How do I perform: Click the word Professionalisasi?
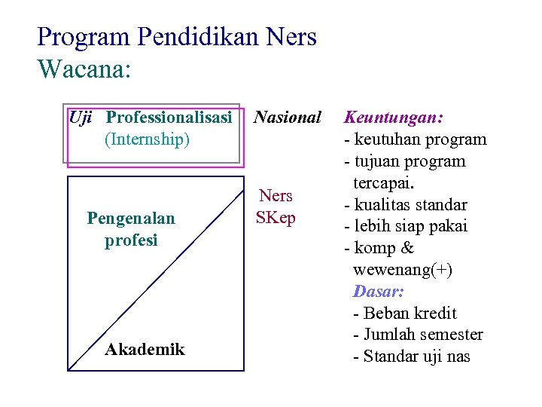click(169, 118)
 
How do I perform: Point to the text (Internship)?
click(147, 139)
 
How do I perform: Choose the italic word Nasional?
click(288, 118)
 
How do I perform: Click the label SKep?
click(276, 218)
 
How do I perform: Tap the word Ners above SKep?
click(276, 196)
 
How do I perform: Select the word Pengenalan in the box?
click(131, 219)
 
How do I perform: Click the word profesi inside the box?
click(131, 240)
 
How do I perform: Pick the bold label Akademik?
click(145, 349)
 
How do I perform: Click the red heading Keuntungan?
click(394, 118)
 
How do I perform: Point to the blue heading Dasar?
click(379, 291)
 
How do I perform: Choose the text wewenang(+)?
click(402, 270)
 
